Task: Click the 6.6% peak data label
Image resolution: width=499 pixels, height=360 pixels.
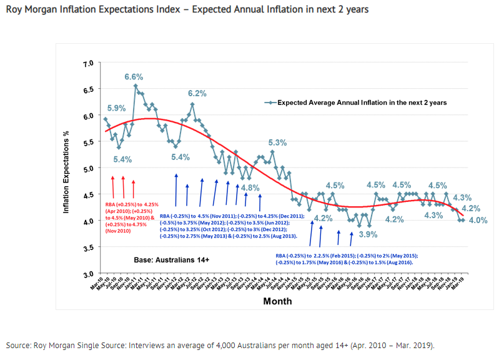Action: [x=134, y=77]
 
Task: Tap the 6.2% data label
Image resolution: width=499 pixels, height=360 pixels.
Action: [x=198, y=93]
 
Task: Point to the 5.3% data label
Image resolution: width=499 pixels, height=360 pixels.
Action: [x=277, y=142]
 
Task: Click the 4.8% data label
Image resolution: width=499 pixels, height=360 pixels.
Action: [x=250, y=187]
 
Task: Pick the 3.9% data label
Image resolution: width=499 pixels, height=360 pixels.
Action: [x=368, y=234]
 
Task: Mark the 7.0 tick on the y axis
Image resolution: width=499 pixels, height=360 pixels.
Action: [x=88, y=64]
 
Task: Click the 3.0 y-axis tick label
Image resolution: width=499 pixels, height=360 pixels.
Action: [x=88, y=274]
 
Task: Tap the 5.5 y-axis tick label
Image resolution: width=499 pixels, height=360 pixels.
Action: [x=88, y=143]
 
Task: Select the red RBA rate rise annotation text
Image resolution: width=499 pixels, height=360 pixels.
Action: [x=132, y=217]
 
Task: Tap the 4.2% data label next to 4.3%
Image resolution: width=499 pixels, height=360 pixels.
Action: [x=471, y=208]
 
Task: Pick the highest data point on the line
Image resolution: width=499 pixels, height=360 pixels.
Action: [x=136, y=86]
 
